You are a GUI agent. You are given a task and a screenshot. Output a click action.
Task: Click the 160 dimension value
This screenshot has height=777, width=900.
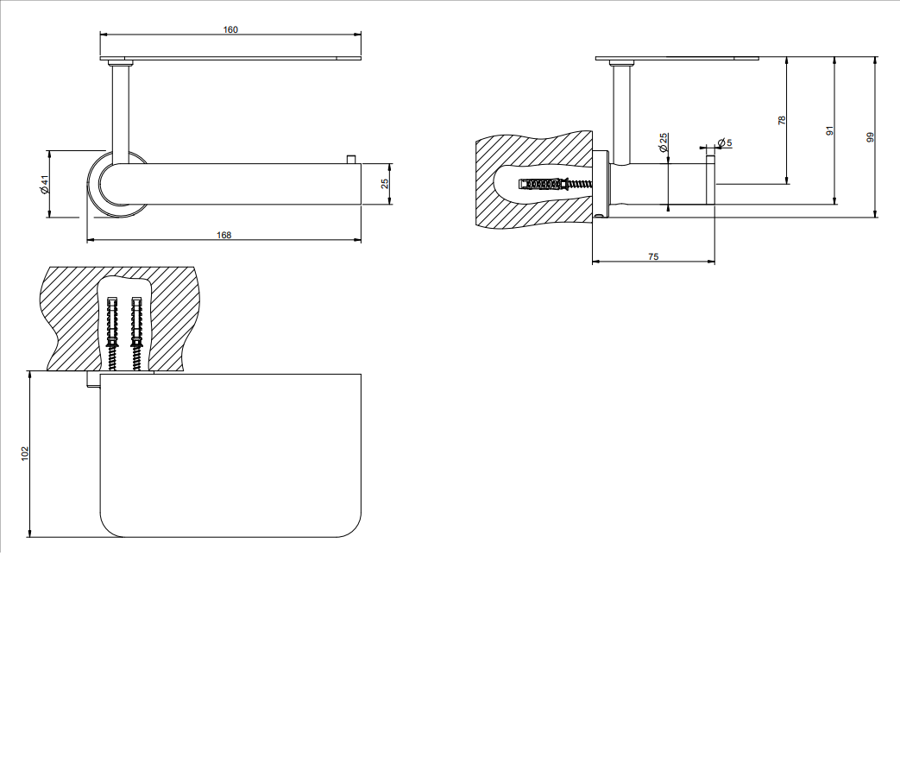(x=230, y=30)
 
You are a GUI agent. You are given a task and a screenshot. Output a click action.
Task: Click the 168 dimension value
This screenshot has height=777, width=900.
(x=223, y=235)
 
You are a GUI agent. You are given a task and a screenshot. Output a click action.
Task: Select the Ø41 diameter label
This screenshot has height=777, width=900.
(x=44, y=185)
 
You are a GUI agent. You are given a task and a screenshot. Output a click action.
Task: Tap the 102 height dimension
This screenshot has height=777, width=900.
(x=25, y=453)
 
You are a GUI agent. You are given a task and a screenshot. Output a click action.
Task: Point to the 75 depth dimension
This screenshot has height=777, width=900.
(x=653, y=256)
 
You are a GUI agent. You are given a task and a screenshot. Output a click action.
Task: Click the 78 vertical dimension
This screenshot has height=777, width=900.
(x=782, y=121)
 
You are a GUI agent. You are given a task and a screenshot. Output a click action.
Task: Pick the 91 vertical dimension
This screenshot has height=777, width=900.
(x=829, y=131)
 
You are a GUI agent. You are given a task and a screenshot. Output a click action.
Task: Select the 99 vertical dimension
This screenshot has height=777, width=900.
(x=871, y=137)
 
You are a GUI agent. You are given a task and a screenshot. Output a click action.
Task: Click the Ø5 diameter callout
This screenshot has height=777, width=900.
(x=724, y=142)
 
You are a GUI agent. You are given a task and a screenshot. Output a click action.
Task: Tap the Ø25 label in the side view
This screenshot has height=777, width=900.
(x=664, y=142)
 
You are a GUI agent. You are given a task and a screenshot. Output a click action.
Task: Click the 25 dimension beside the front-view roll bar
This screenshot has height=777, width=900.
(x=385, y=183)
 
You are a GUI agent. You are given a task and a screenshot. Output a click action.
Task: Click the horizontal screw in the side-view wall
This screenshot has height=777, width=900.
(x=555, y=185)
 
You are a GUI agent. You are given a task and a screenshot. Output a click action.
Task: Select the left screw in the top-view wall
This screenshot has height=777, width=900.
(x=112, y=333)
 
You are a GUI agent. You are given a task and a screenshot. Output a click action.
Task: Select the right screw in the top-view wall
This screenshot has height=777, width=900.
(x=136, y=333)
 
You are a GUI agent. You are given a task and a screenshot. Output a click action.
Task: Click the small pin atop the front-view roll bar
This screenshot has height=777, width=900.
(x=350, y=159)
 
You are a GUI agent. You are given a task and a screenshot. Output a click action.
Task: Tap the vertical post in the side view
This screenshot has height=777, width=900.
(x=620, y=115)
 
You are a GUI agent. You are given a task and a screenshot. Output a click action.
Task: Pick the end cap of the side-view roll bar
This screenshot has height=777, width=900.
(x=710, y=181)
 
